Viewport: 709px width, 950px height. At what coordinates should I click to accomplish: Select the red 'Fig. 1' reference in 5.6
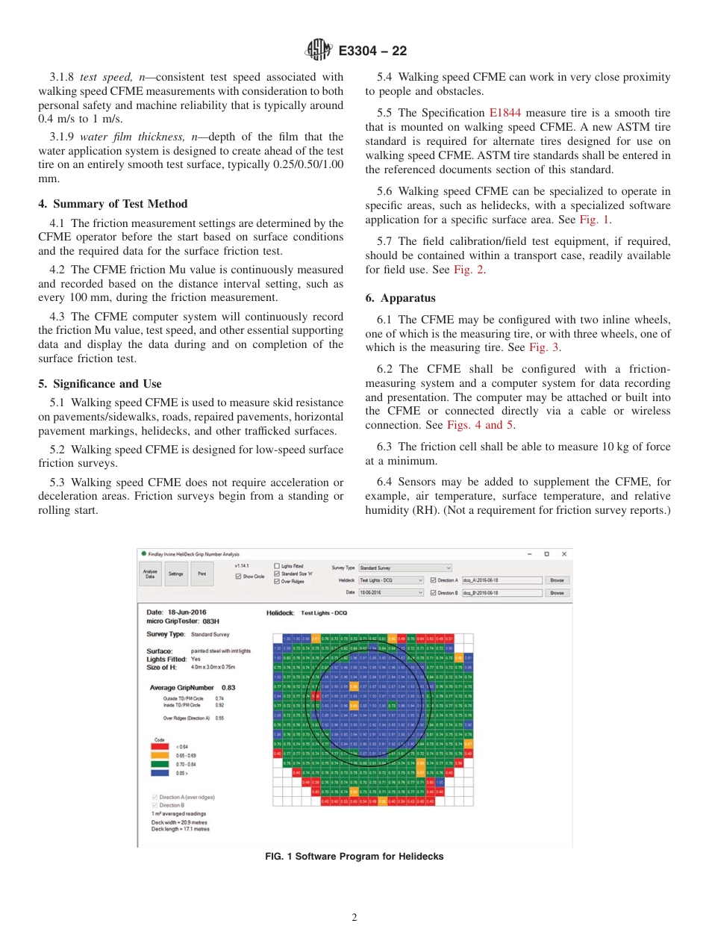pos(595,220)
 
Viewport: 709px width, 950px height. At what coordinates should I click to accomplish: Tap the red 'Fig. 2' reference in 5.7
pos(469,270)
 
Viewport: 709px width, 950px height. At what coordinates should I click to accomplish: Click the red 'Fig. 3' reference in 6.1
pos(544,347)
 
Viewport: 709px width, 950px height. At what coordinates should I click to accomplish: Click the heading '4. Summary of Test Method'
pos(113,204)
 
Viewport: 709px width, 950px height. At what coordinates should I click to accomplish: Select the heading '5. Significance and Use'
pos(99,384)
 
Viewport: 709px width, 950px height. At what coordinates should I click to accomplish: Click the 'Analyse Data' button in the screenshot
pos(150,574)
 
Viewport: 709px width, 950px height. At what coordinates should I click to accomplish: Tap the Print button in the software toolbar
pos(202,574)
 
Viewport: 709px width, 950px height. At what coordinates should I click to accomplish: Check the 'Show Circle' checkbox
pos(238,577)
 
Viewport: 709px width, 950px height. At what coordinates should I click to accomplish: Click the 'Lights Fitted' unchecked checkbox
pos(277,566)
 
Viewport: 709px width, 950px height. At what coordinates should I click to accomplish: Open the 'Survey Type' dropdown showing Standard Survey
pos(405,568)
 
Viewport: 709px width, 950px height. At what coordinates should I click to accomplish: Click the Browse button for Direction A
pos(557,580)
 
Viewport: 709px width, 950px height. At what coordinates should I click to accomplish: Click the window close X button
pos(564,553)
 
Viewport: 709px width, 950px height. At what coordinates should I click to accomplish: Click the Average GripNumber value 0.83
pos(228,687)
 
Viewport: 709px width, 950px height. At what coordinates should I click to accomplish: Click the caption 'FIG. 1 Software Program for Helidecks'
pos(354,857)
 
